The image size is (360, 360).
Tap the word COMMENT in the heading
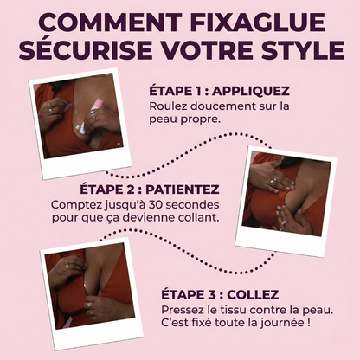pos(110,22)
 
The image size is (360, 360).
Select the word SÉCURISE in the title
pos(85,49)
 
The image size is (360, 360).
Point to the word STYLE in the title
pos(299,50)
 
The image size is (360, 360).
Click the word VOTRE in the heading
pos(202,50)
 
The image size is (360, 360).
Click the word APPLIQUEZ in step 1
pos(250,91)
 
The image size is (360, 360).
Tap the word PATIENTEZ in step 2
pos(183,190)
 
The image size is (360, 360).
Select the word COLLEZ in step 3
pos(253,295)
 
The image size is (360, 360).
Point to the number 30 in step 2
pos(156,205)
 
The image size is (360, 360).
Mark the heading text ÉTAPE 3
pos(189,295)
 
